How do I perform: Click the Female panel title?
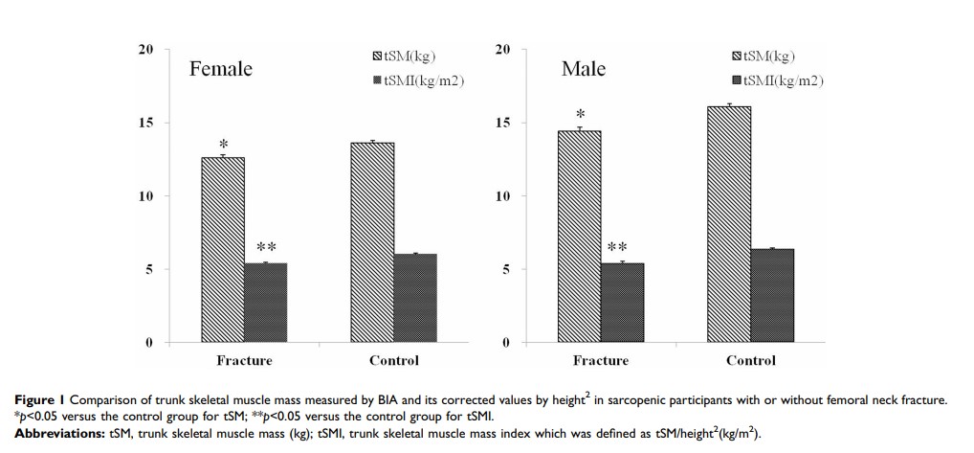click(x=220, y=69)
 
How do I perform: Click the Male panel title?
click(x=583, y=69)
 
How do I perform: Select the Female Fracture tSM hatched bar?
click(x=222, y=249)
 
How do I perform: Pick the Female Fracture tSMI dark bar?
click(x=265, y=303)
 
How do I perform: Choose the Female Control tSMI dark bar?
click(x=415, y=298)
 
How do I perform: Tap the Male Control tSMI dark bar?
click(x=772, y=296)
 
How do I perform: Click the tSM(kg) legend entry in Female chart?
click(x=410, y=55)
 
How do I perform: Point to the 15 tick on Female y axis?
click(x=145, y=123)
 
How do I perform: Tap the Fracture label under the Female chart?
click(x=244, y=361)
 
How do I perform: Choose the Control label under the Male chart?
click(x=751, y=361)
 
